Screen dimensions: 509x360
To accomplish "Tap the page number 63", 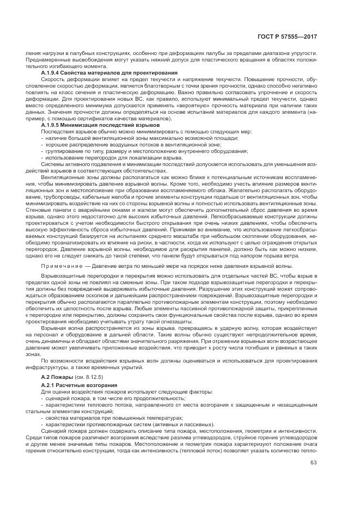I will [x=313, y=463].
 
